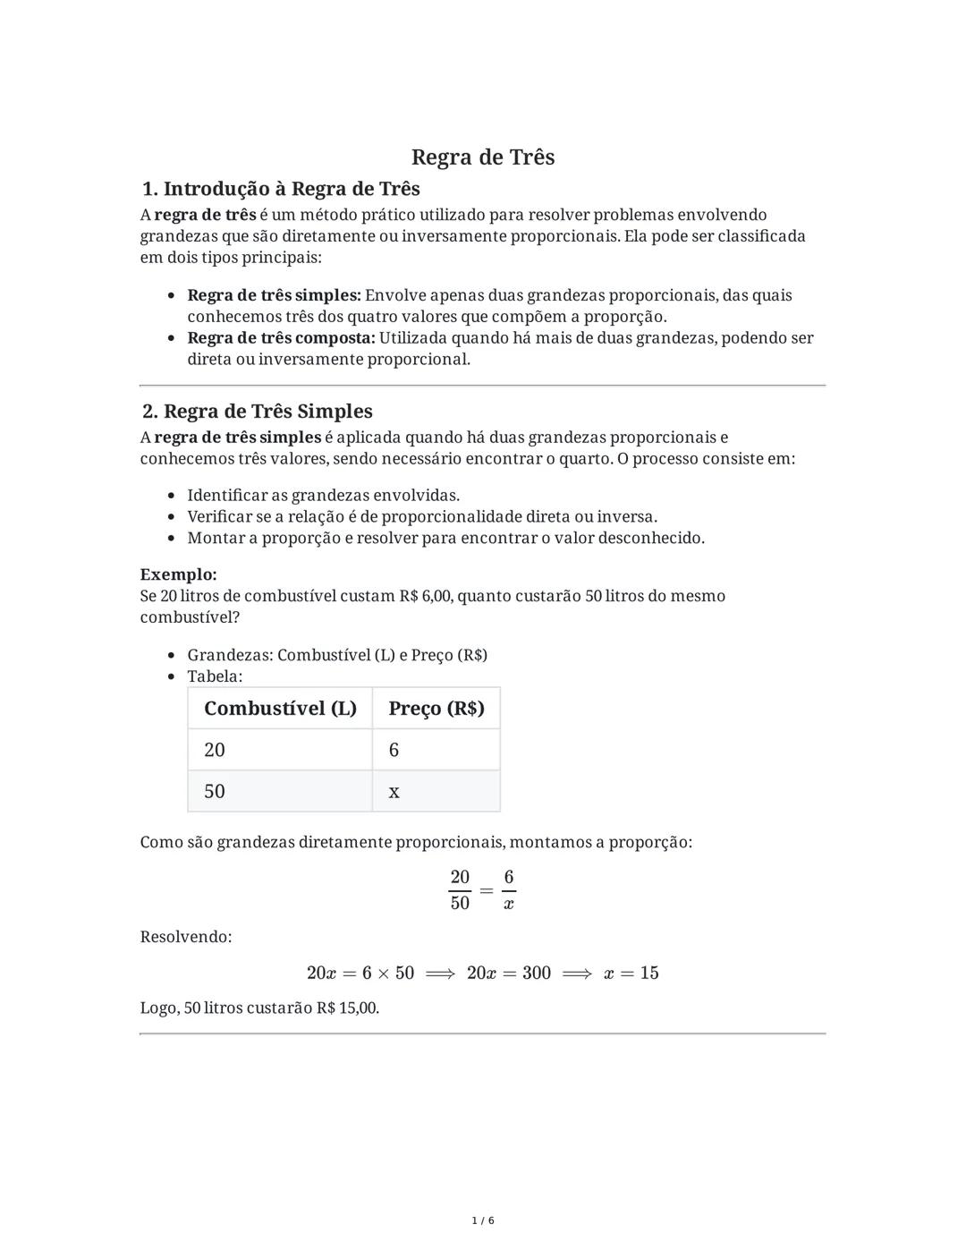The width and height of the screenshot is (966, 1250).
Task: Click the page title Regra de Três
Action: [483, 157]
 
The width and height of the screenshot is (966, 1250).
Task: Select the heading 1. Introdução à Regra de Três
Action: [281, 189]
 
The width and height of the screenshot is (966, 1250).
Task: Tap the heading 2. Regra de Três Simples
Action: [258, 412]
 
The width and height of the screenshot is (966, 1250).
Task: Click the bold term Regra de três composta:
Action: [281, 338]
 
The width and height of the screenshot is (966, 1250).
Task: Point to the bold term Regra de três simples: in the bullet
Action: [274, 295]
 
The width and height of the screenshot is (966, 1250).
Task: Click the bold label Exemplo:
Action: [178, 574]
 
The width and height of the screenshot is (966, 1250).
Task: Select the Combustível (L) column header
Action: [280, 709]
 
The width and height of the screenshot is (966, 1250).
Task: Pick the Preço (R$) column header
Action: [436, 709]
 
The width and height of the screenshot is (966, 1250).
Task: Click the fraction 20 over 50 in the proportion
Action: [460, 890]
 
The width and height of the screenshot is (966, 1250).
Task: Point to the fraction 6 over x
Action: [508, 890]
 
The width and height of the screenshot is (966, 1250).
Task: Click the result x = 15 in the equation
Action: [631, 974]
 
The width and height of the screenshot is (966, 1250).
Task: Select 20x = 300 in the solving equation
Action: [508, 974]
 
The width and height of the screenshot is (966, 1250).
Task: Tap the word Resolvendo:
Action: [186, 937]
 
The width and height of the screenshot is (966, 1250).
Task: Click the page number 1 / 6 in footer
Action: [483, 1220]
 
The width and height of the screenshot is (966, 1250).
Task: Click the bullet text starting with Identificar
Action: [323, 496]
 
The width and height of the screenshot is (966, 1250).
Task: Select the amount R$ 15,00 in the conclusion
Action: [347, 1008]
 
